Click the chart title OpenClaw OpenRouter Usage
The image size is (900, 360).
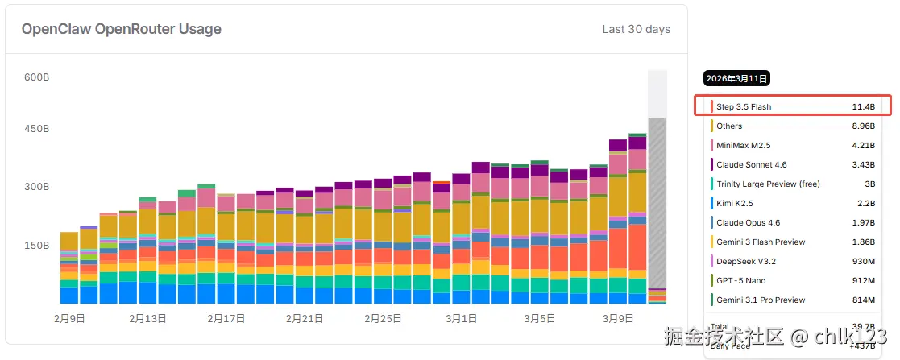coord(122,30)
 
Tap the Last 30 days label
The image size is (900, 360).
coord(636,30)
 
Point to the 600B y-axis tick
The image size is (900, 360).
coord(37,77)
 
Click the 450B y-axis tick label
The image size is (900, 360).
coord(37,129)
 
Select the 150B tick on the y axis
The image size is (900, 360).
coord(37,246)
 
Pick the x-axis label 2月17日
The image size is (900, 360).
coord(226,318)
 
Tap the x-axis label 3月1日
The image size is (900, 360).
coord(461,318)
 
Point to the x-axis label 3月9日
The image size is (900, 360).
coord(618,318)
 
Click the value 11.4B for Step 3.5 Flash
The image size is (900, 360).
coord(863,106)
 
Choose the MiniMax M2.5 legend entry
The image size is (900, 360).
coord(744,145)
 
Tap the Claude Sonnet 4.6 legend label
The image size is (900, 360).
coord(752,164)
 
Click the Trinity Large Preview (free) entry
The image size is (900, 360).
coord(768,184)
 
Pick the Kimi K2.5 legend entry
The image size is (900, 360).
coord(735,203)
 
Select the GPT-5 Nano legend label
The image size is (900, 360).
coord(740,280)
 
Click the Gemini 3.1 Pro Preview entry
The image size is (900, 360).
coord(761,300)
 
